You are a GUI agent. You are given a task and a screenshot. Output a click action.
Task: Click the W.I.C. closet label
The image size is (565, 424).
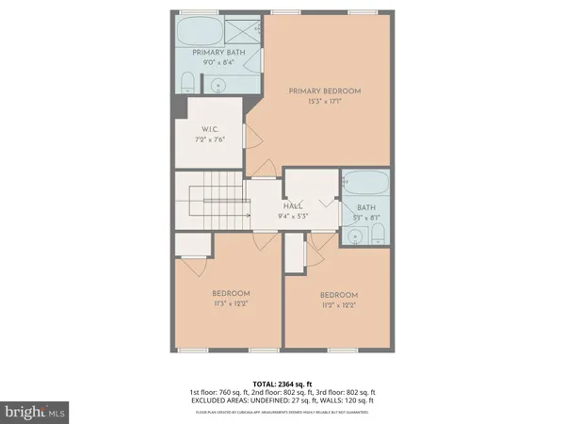(211, 131)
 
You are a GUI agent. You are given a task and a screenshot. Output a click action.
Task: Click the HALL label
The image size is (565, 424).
(293, 204)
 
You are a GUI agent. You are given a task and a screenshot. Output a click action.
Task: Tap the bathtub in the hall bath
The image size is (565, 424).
(362, 185)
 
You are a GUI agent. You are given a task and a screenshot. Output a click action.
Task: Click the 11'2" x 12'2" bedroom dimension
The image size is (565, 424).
(338, 305)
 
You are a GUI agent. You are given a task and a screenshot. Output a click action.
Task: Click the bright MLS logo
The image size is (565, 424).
(35, 412)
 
